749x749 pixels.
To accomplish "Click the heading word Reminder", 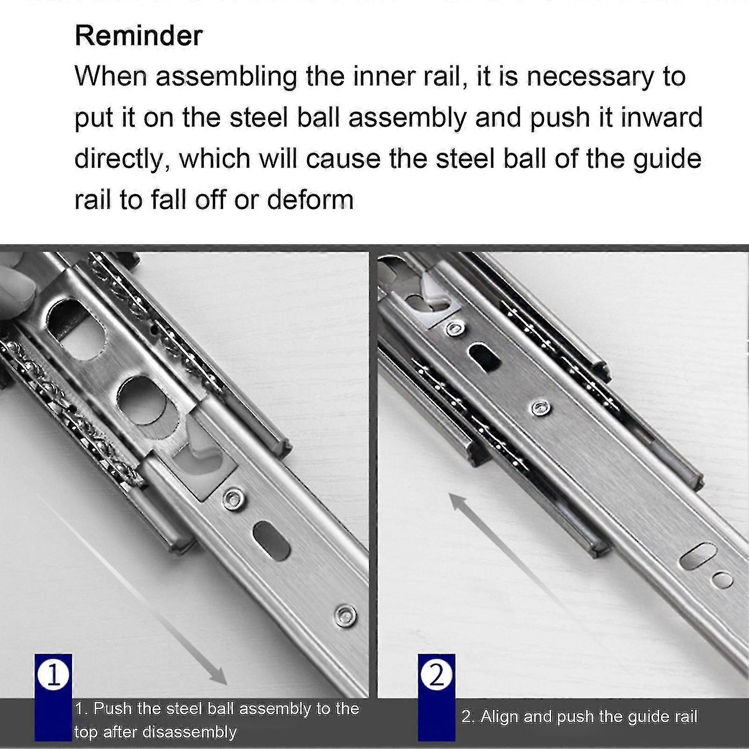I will coord(138,36).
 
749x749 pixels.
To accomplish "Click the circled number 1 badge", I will coord(53,675).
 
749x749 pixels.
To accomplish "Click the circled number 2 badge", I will coord(436,675).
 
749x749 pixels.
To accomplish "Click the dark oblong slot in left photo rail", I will coord(271,541).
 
